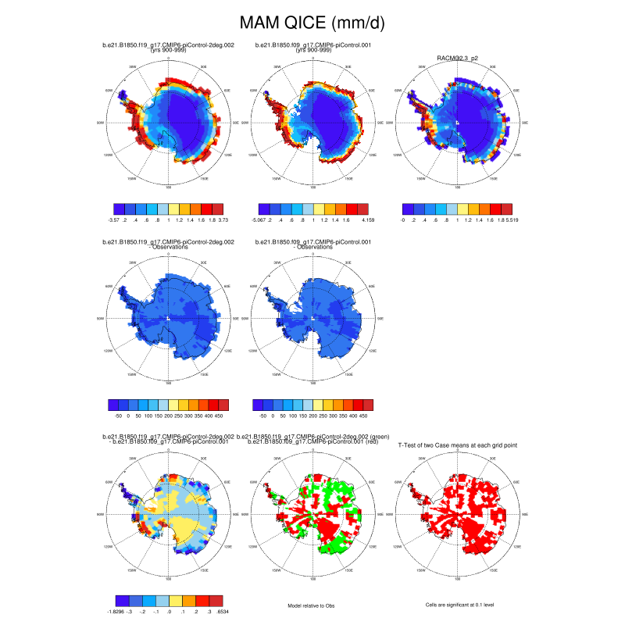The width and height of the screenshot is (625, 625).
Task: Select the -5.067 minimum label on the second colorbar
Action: [x=259, y=221]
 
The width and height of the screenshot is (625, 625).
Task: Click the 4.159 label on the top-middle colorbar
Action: [x=365, y=221]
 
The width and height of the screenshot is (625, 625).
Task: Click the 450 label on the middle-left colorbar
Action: [x=223, y=416]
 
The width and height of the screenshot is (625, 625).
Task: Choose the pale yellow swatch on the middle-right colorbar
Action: [x=318, y=405]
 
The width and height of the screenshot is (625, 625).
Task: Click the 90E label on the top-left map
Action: [x=231, y=123]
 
